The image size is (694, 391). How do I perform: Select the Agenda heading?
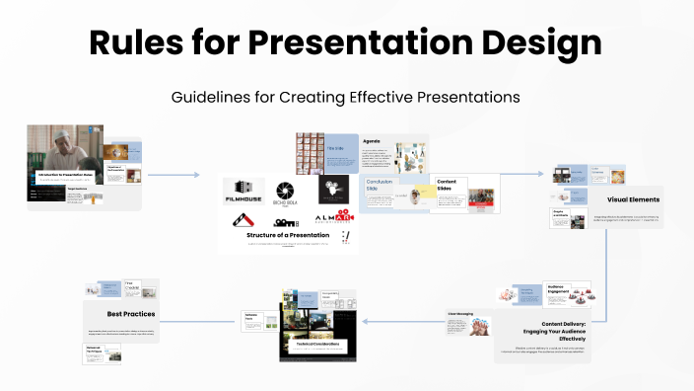[371, 141]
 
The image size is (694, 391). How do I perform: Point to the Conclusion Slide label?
[380, 187]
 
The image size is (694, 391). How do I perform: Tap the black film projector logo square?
[333, 189]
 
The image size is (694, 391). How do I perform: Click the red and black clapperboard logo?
[243, 218]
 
